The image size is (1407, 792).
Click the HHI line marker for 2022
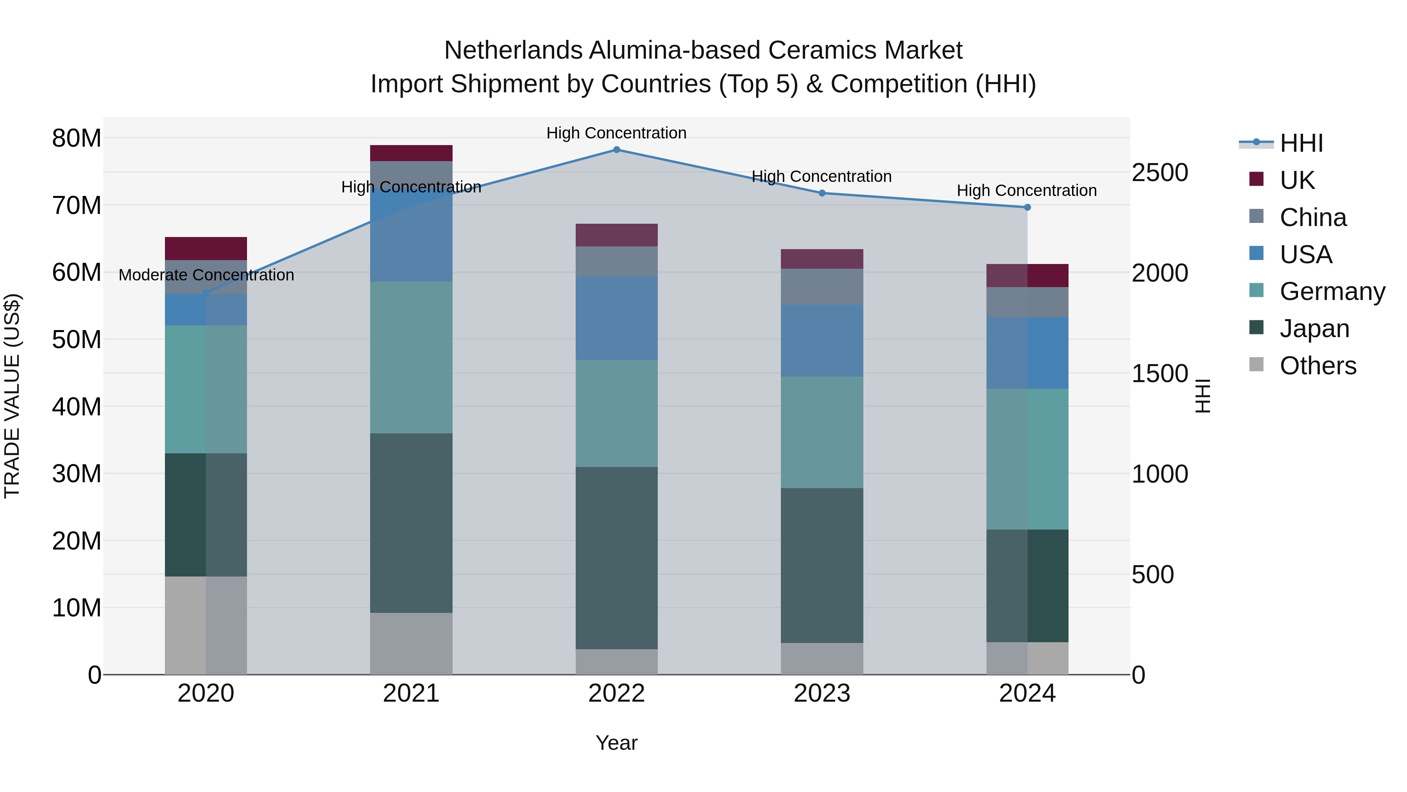(617, 150)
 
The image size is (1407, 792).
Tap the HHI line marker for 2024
(1028, 208)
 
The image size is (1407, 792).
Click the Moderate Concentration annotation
(206, 275)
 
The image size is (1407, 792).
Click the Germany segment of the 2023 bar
(822, 432)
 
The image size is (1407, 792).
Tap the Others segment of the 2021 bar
(411, 643)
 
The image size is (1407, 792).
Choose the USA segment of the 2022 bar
(617, 318)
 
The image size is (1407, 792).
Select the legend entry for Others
(1317, 366)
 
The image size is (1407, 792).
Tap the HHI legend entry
(1301, 143)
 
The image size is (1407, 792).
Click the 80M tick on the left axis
(77, 138)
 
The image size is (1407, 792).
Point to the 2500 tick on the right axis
(1160, 173)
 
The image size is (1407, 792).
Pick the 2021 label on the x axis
(411, 693)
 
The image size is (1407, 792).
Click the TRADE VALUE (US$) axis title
(12, 396)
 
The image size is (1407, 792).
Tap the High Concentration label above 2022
(617, 133)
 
